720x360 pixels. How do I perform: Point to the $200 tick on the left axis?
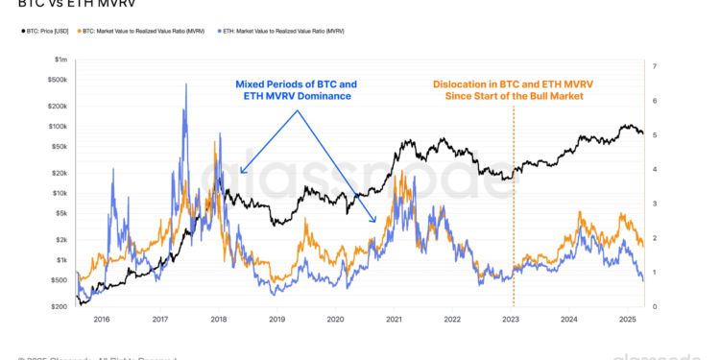tap(60, 306)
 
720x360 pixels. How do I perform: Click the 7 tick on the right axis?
tap(654, 66)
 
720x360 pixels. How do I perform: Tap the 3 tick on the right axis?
tap(654, 204)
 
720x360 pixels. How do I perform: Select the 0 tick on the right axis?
tap(654, 306)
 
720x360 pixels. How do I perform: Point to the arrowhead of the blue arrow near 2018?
tap(240, 173)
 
